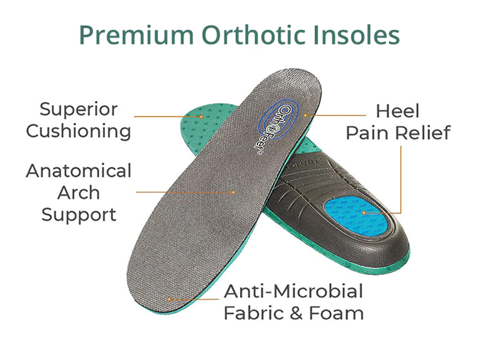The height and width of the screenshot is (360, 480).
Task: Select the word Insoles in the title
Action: (358, 35)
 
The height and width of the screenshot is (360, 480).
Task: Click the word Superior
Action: (79, 110)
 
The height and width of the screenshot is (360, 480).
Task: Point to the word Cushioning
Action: (79, 131)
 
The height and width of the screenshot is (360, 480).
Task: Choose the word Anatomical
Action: (79, 171)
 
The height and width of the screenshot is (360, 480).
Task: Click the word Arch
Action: (79, 193)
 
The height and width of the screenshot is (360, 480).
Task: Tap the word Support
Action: (79, 214)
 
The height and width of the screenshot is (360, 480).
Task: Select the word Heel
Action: (397, 111)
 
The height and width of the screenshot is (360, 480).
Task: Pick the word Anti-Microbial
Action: (293, 292)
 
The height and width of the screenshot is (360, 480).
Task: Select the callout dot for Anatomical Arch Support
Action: (234, 192)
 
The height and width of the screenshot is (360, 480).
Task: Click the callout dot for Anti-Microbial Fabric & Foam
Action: (170, 298)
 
